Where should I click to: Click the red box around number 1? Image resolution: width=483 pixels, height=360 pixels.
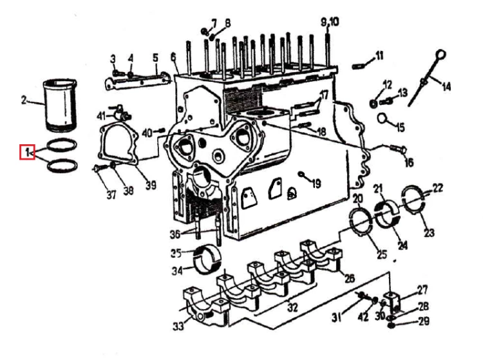[x=27, y=152]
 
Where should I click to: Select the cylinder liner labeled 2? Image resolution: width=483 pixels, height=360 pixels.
[x=60, y=106]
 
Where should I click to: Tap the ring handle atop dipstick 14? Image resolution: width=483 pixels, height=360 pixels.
[x=441, y=55]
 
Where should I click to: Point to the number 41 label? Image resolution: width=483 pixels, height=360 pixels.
[x=101, y=116]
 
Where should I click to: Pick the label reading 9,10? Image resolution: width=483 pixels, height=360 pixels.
[x=330, y=22]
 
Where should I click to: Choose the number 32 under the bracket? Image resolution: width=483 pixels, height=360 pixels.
[x=292, y=307]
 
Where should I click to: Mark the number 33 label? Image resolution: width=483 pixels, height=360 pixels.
[x=178, y=326]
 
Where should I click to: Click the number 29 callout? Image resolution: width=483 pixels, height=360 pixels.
[x=424, y=321]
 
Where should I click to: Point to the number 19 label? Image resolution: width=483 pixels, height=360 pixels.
[x=316, y=184]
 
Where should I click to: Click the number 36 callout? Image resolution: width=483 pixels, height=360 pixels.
[x=175, y=234]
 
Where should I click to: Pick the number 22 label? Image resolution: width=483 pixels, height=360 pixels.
[x=437, y=188]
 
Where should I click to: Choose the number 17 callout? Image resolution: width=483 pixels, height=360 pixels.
[x=325, y=95]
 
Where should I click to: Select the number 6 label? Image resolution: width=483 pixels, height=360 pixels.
[x=173, y=57]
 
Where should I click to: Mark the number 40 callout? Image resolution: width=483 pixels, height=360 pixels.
[x=147, y=133]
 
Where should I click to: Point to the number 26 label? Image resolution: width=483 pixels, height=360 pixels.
[x=349, y=278]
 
